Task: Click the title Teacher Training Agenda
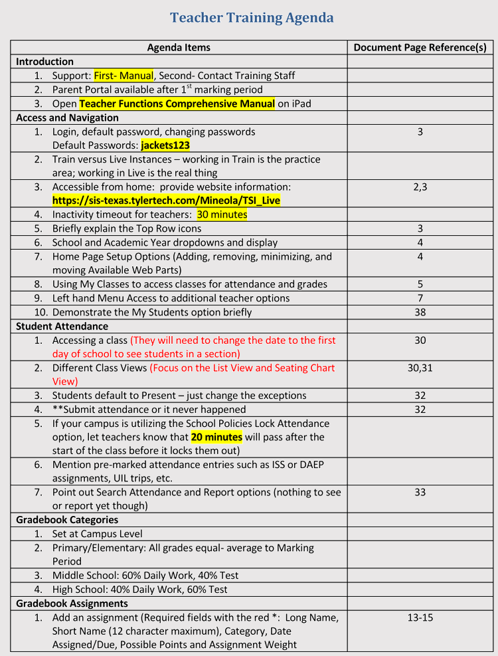pyautogui.click(x=252, y=18)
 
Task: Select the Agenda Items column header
pyautogui.click(x=179, y=47)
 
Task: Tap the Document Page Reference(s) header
pyautogui.click(x=420, y=47)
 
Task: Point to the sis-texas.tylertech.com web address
pyautogui.click(x=166, y=201)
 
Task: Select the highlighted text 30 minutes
pyautogui.click(x=222, y=214)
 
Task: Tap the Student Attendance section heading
pyautogui.click(x=62, y=326)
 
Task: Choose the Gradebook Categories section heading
pyautogui.click(x=67, y=520)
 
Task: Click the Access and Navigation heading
pyautogui.click(x=67, y=118)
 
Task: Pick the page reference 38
pyautogui.click(x=420, y=312)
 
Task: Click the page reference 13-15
pyautogui.click(x=420, y=617)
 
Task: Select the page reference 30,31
pyautogui.click(x=420, y=368)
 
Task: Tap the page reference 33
pyautogui.click(x=420, y=492)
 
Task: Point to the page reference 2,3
pyautogui.click(x=420, y=187)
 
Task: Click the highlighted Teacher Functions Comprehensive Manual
pyautogui.click(x=177, y=104)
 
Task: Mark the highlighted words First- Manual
pyautogui.click(x=124, y=76)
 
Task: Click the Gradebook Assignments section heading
pyautogui.click(x=72, y=604)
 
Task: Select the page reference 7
pyautogui.click(x=420, y=298)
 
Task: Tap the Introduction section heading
pyautogui.click(x=44, y=62)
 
